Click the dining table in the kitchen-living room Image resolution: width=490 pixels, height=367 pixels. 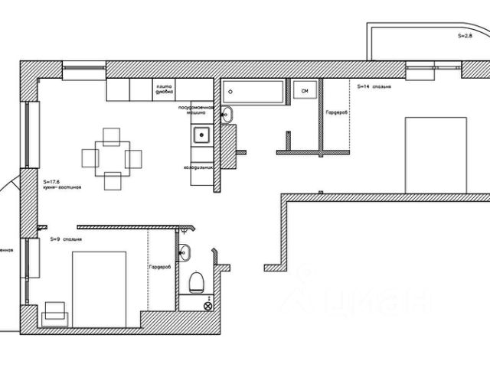[112, 159]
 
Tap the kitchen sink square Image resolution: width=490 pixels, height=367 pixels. [201, 135]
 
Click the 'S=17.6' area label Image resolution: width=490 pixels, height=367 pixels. [51, 173]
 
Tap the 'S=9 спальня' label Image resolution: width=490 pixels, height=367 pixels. [67, 240]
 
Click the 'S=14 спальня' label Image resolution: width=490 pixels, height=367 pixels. [374, 87]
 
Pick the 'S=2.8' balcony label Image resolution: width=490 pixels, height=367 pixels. [465, 35]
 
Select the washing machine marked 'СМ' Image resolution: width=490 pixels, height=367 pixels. [304, 92]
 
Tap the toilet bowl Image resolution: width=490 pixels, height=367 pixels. [197, 281]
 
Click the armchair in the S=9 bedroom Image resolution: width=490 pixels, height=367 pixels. [54, 313]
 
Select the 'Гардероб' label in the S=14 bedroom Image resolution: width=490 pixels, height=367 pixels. [336, 112]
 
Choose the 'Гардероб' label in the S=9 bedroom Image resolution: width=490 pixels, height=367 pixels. [159, 267]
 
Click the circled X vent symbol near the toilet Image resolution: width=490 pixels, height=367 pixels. [207, 305]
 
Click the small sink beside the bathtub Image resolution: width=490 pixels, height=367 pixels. [227, 115]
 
